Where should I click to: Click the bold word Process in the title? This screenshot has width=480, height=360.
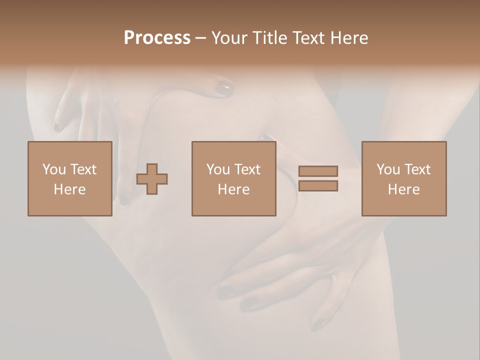(x=157, y=38)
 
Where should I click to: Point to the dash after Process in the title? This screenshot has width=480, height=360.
(x=201, y=38)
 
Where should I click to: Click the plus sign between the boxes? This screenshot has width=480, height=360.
(x=152, y=178)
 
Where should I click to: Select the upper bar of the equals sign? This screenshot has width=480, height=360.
(x=318, y=171)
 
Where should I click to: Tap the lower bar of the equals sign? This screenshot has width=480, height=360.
(x=318, y=185)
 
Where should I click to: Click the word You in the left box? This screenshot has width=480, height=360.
(x=54, y=169)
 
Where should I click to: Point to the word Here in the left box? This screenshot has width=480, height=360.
(x=69, y=189)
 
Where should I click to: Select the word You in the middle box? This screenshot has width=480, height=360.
(x=218, y=169)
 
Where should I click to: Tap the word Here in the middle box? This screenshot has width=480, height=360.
(x=233, y=189)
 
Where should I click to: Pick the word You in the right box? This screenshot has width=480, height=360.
(x=388, y=169)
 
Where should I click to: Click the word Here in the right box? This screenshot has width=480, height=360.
(x=403, y=189)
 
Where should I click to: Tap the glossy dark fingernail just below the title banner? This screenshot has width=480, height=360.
(x=224, y=89)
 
